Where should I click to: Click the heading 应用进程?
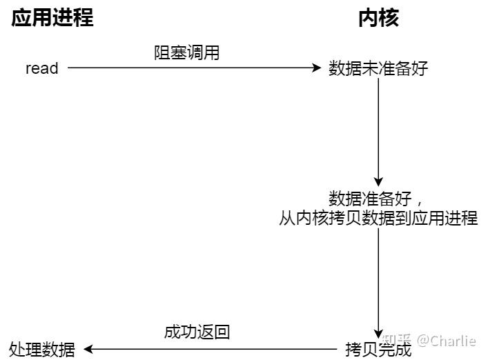click(x=52, y=18)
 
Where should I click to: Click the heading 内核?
click(x=378, y=18)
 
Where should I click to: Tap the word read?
click(x=42, y=68)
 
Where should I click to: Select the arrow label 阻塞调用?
click(x=186, y=53)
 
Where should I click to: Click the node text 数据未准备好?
click(x=378, y=69)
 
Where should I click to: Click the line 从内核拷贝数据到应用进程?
click(x=378, y=218)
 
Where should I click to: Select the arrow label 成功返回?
click(x=197, y=332)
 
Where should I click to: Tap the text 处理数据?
click(x=43, y=349)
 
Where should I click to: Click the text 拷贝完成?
click(x=378, y=349)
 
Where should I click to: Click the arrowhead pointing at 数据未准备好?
click(x=318, y=68)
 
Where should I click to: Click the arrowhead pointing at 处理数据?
click(x=88, y=349)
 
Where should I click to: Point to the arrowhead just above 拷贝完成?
click(x=378, y=332)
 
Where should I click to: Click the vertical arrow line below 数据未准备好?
click(x=378, y=131)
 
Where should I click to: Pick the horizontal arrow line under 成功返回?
click(x=214, y=349)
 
